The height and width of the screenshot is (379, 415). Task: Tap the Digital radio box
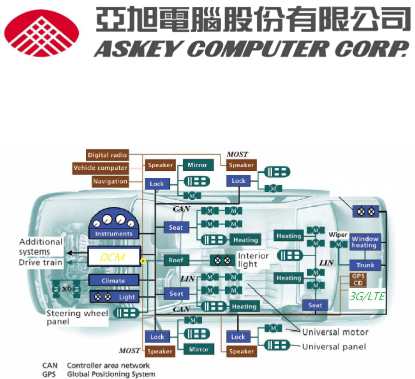pos(108,155)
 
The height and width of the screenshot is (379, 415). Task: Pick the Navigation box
pos(110,181)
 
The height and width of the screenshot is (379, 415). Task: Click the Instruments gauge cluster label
pos(114,233)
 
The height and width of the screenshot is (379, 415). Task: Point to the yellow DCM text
pos(112,257)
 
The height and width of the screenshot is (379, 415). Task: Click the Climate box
pos(113,280)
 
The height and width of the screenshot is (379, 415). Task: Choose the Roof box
pos(176,260)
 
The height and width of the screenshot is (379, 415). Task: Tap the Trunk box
pos(366,265)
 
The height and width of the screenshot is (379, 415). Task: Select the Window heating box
pos(365,242)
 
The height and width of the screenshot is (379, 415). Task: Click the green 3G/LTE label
pos(367,296)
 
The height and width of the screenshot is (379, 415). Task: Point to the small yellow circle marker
pos(143,261)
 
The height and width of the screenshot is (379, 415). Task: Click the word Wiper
pos(338,235)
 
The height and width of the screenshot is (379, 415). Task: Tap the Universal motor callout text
pos(335,332)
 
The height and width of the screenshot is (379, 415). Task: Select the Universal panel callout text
pos(334,347)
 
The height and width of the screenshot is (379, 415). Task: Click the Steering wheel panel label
pos(77,318)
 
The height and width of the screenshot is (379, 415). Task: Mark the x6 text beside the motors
pos(67,289)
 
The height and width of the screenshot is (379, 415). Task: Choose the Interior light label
pos(253,260)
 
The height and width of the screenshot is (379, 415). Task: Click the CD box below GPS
pos(358,283)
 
